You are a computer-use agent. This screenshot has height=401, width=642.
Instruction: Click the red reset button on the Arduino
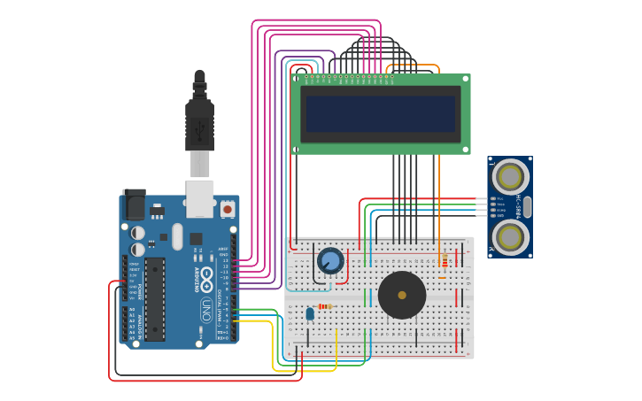tap(228, 209)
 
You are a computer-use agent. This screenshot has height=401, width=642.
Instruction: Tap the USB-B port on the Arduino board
tap(199, 198)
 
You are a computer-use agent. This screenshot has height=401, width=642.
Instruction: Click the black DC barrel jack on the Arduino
tap(134, 204)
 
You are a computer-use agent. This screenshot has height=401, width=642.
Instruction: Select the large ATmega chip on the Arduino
tap(155, 299)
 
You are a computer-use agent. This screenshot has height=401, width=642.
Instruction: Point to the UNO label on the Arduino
tap(205, 310)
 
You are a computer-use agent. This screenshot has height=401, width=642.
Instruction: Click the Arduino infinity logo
tap(205, 274)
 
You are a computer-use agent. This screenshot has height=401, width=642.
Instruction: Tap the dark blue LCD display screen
tap(380, 113)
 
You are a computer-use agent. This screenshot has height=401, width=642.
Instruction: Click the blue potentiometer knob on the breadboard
tap(330, 260)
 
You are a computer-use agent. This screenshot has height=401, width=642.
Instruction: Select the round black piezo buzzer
tap(401, 295)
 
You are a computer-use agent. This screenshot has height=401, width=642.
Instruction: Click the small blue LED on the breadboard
tap(310, 312)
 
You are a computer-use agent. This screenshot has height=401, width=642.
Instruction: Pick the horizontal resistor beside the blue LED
tap(325, 306)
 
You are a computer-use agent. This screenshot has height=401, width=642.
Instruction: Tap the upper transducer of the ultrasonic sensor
tap(511, 174)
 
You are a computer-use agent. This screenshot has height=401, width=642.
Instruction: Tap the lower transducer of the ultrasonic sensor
tap(511, 237)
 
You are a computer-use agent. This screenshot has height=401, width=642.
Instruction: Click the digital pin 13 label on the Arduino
tap(225, 260)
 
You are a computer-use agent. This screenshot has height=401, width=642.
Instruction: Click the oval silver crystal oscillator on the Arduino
tap(177, 235)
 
